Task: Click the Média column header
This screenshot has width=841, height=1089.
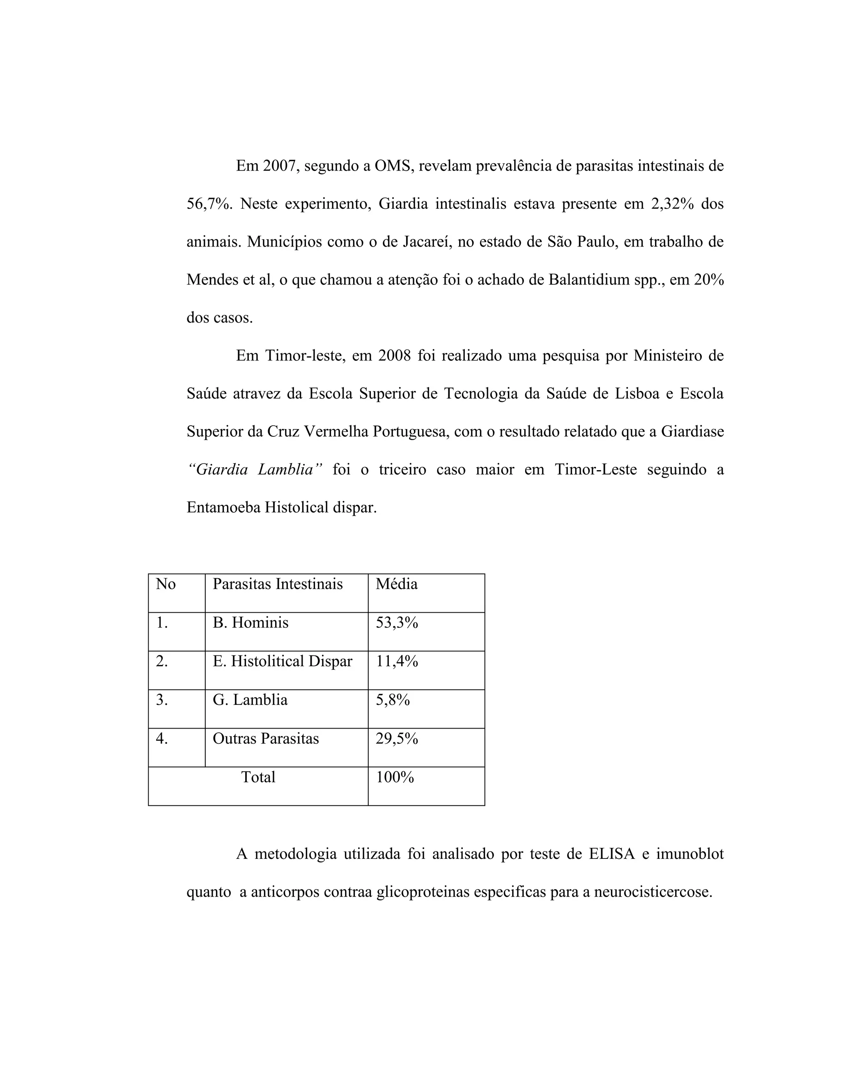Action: pos(396,584)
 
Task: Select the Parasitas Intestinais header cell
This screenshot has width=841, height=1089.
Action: pos(278,584)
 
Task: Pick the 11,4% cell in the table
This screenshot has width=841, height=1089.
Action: pos(397,662)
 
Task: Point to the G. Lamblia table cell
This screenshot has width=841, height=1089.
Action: pos(250,700)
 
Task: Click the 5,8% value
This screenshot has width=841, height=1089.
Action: pos(393,700)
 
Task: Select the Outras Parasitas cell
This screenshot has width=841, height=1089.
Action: pos(266,738)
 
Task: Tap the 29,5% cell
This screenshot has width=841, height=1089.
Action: pos(397,738)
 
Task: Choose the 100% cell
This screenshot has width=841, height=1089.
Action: pos(395,778)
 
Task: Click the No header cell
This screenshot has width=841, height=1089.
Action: pos(165,584)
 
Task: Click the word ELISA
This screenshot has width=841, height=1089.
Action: pos(612,854)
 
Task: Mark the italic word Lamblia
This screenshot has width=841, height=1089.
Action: pos(290,470)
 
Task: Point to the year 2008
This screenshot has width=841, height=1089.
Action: pos(394,356)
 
